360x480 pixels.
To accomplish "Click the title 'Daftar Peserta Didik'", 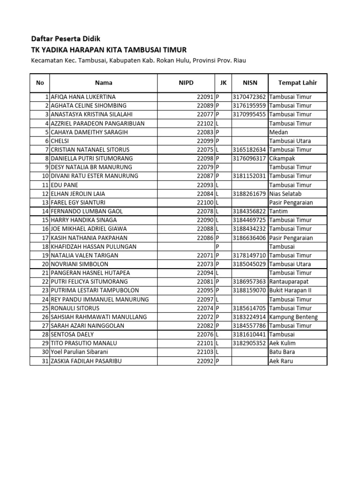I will click(x=65, y=38).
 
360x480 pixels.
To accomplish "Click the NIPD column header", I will click(x=186, y=82).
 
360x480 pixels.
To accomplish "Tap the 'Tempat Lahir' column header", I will click(x=297, y=82).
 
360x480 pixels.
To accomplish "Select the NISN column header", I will click(x=250, y=82).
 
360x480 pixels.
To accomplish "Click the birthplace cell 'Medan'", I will click(x=278, y=132).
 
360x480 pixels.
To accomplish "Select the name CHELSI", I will click(x=65, y=141).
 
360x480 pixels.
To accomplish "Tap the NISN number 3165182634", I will click(x=249, y=150).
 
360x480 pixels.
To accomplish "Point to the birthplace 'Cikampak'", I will click(x=283, y=158).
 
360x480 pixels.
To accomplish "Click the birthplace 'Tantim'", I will click(x=279, y=211).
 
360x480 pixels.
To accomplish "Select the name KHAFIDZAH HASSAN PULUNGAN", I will click(x=97, y=247).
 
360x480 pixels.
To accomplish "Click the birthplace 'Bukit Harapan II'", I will click(x=290, y=290).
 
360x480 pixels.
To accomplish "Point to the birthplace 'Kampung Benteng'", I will click(x=293, y=317).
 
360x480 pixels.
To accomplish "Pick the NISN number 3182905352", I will click(x=249, y=343).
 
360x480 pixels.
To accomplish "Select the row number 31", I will click(x=45, y=361).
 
